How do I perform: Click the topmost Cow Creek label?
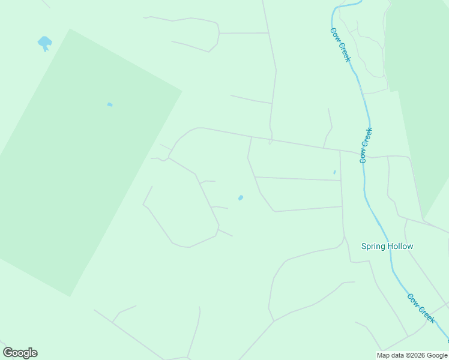(x=340, y=44)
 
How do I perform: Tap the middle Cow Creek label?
(x=366, y=145)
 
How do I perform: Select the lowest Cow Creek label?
(x=421, y=308)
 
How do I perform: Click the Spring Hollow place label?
(x=387, y=246)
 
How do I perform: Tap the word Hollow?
(x=400, y=246)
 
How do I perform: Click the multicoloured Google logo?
(x=20, y=353)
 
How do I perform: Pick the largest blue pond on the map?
(x=44, y=43)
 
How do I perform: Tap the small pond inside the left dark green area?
(x=110, y=104)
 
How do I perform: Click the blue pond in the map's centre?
(x=241, y=197)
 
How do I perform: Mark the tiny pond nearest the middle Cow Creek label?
(x=334, y=172)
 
